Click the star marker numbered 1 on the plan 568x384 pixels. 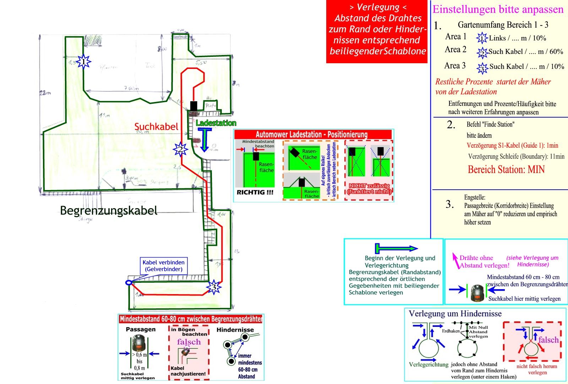pyautogui.click(x=83, y=62)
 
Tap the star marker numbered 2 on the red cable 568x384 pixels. pyautogui.click(x=180, y=150)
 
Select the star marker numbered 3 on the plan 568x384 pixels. pyautogui.click(x=213, y=287)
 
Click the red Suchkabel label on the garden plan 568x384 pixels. pyautogui.click(x=156, y=127)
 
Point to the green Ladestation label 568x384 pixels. pyautogui.click(x=216, y=123)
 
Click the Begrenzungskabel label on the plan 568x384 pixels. pyautogui.click(x=109, y=211)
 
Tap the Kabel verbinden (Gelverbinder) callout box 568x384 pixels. pyautogui.click(x=163, y=266)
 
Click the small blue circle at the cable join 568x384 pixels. pyautogui.click(x=129, y=282)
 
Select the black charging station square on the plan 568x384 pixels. pyautogui.click(x=193, y=106)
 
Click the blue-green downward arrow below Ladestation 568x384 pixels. pyautogui.click(x=204, y=140)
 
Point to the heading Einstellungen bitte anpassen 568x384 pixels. pyautogui.click(x=498, y=9)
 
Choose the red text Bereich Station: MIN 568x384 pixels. pyautogui.click(x=506, y=169)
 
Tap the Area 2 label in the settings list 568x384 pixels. pyautogui.click(x=455, y=50)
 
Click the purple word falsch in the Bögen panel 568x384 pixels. pyautogui.click(x=189, y=342)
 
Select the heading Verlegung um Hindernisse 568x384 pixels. pyautogui.click(x=455, y=314)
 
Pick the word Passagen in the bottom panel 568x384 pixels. pyautogui.click(x=141, y=329)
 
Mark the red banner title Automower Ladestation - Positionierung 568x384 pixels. pyautogui.click(x=311, y=134)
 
